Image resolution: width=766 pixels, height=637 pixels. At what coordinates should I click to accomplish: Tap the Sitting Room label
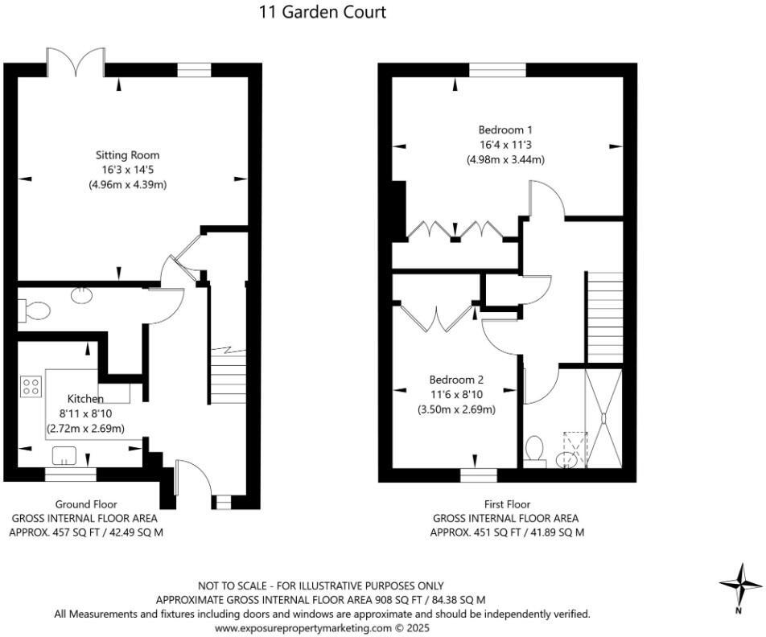click(x=128, y=154)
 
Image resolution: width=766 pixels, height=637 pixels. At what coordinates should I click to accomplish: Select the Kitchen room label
click(x=84, y=399)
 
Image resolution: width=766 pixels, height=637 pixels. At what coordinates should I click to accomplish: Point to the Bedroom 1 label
click(x=505, y=129)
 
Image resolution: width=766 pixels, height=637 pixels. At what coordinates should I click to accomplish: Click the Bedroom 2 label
click(x=456, y=380)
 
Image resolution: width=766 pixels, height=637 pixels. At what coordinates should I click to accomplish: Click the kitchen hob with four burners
click(x=32, y=387)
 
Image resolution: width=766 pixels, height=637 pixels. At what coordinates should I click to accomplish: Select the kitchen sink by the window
click(x=64, y=456)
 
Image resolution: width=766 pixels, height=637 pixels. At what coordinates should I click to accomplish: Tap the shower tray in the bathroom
click(x=604, y=417)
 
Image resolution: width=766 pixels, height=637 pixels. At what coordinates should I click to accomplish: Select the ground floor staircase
click(x=227, y=378)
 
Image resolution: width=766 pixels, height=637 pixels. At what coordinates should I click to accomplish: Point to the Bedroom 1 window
click(x=497, y=71)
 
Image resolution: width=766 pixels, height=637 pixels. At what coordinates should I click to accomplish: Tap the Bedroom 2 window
click(x=473, y=475)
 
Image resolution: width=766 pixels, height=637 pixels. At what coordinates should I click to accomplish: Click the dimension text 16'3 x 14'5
click(x=128, y=170)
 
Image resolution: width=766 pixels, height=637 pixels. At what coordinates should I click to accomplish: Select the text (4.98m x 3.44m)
click(x=505, y=159)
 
